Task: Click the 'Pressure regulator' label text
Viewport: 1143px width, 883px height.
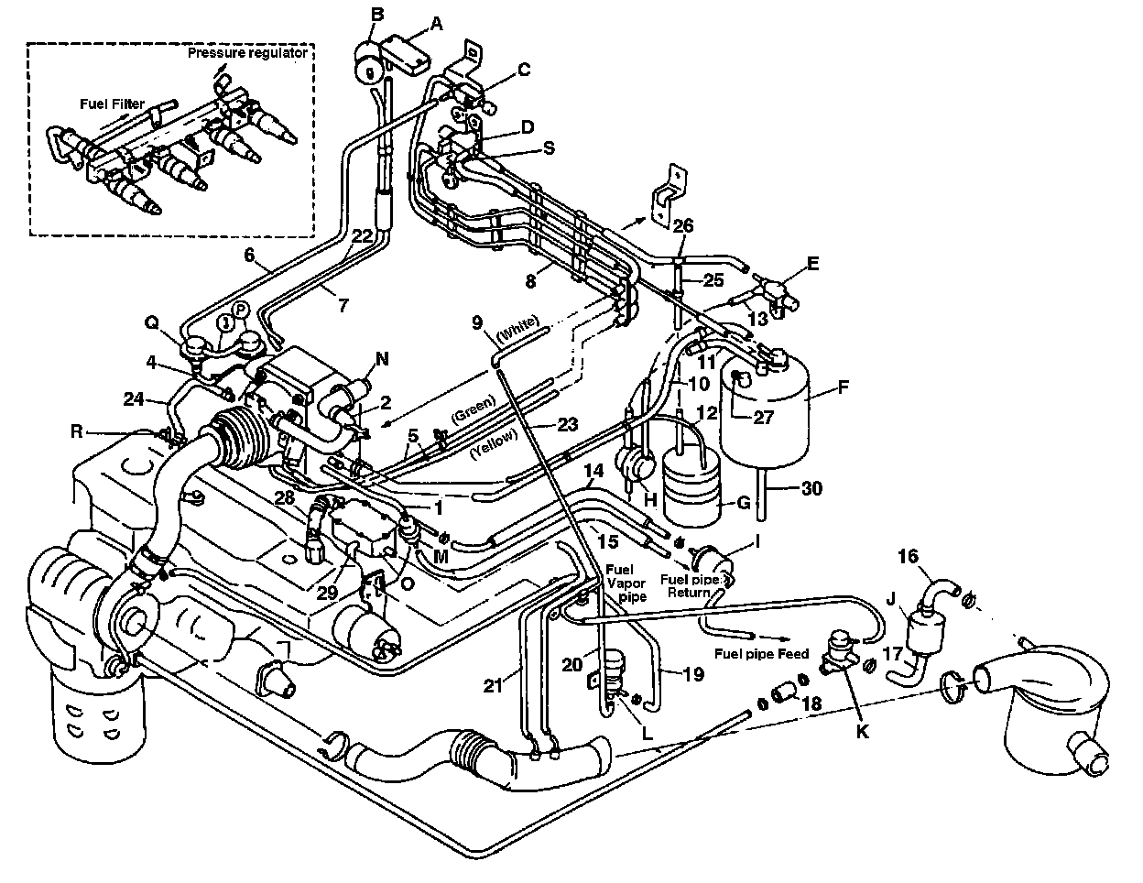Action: (x=247, y=53)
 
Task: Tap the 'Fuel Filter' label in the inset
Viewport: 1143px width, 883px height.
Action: (x=111, y=104)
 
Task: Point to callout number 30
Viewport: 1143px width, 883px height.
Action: (x=811, y=489)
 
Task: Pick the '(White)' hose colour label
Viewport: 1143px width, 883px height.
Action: (x=521, y=327)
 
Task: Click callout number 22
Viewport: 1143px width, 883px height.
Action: (x=362, y=234)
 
